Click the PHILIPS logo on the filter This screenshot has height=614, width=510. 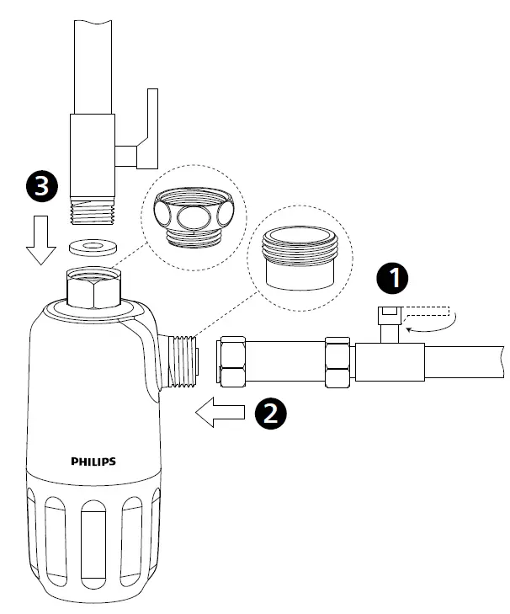point(93,461)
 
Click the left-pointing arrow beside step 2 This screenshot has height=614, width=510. point(220,413)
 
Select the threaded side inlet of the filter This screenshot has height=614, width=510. point(183,360)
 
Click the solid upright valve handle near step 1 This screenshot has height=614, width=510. point(390,323)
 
